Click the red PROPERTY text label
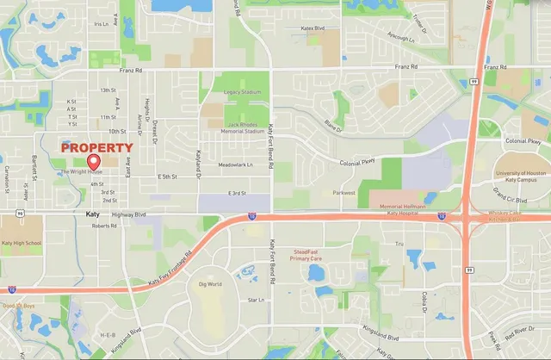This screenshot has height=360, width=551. click(x=96, y=148)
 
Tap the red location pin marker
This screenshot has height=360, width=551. click(x=94, y=161)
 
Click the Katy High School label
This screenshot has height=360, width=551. click(x=22, y=244)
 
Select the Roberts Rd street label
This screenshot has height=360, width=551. click(x=103, y=227)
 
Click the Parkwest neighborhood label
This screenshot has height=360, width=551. click(x=344, y=193)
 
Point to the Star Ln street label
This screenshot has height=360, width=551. click(x=255, y=300)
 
